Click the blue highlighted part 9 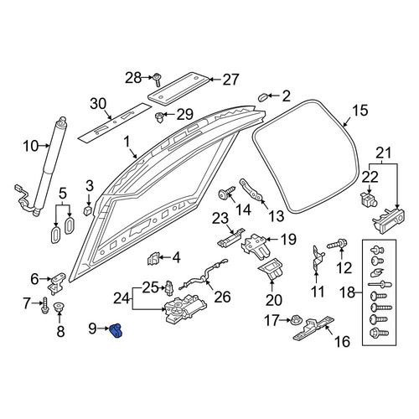point(116,330)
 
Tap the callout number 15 point(360,111)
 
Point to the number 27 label point(230,80)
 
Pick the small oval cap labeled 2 point(262,98)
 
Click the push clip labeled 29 point(160,117)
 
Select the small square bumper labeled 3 point(88,210)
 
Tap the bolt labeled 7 point(45,306)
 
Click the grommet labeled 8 point(59,307)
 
